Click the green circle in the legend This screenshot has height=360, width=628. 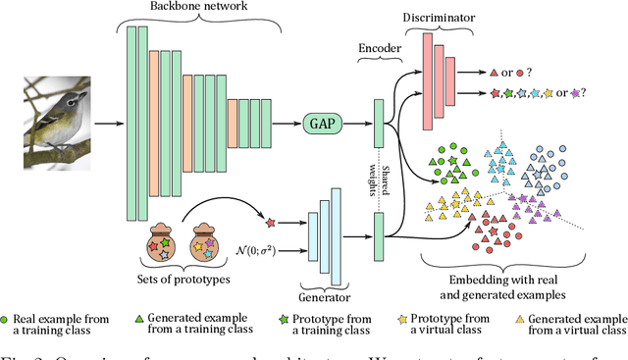(7, 320)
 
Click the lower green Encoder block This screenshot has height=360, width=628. (379, 237)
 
